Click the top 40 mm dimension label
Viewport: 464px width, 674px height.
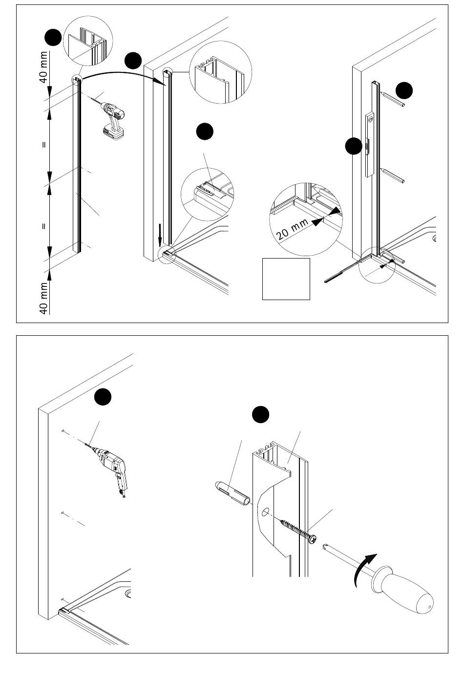coord(43,67)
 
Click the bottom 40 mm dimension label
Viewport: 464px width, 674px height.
coord(43,298)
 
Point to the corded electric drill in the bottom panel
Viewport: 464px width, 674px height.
coord(111,464)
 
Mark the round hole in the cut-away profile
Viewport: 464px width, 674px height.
coord(265,512)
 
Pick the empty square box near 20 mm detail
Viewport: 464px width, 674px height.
coord(286,279)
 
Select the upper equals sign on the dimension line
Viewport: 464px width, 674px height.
coord(43,145)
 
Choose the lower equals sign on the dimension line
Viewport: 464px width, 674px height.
coord(43,226)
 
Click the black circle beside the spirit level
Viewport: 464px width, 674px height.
coord(353,146)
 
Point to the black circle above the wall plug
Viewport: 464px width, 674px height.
coord(261,414)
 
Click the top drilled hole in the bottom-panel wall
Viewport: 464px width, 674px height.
coord(64,431)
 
